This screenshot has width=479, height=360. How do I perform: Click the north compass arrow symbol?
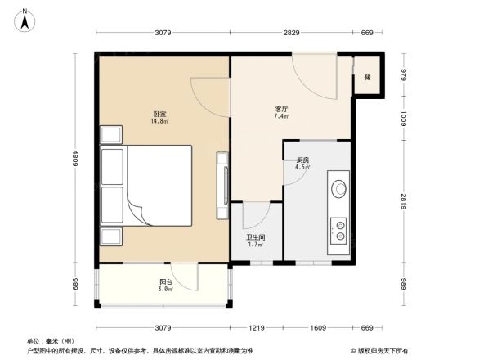coord(26,18)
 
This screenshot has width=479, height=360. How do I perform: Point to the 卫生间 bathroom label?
coord(255,240)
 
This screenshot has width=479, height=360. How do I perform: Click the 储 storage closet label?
coord(367,77)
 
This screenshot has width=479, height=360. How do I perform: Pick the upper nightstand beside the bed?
coord(110,135)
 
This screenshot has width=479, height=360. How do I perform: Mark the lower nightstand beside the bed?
coord(110,236)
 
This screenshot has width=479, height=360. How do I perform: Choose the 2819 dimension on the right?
coord(404,202)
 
